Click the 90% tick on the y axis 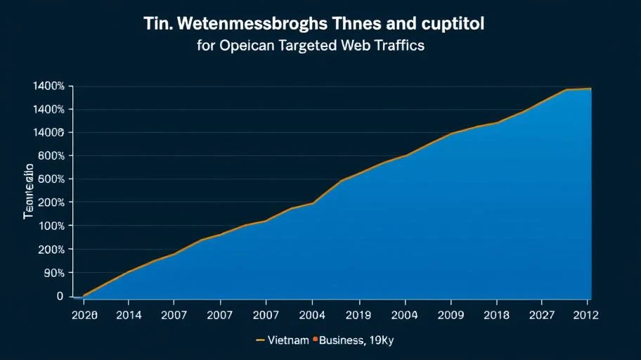click(54, 273)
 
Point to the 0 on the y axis click(60, 296)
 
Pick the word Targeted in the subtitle click(316, 46)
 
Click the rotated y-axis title click(29, 192)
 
